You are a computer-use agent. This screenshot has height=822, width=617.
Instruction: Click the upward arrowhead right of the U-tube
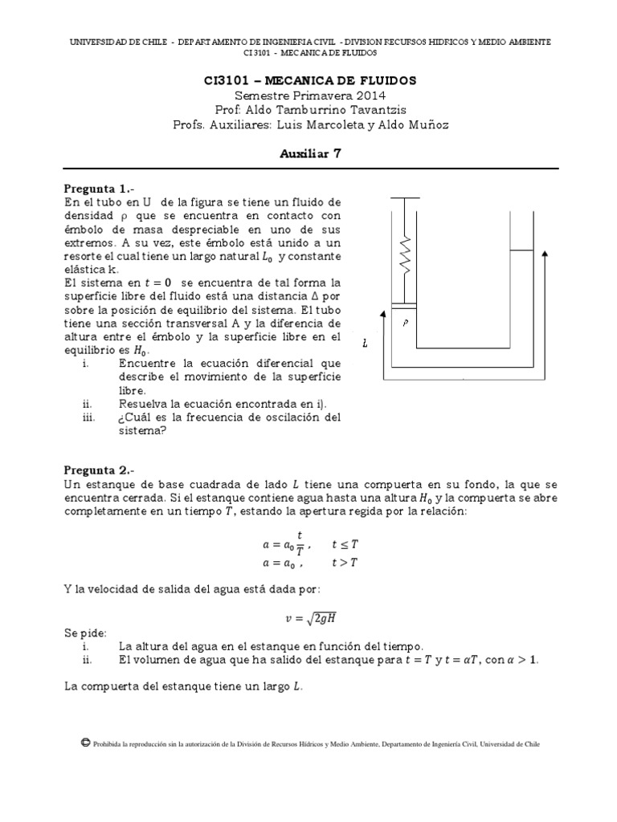pyautogui.click(x=546, y=254)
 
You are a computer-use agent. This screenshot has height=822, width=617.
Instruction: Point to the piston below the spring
pyautogui.click(x=406, y=303)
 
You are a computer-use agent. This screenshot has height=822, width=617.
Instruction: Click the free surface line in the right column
pyautogui.click(x=521, y=250)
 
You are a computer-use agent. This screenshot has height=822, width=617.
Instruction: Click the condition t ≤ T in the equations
pyautogui.click(x=345, y=545)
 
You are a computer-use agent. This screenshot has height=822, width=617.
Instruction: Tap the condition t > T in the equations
pyautogui.click(x=345, y=562)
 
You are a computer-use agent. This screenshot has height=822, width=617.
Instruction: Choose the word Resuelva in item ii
pyautogui.click(x=143, y=403)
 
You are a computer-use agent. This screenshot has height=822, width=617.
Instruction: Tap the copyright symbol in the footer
pyautogui.click(x=85, y=743)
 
